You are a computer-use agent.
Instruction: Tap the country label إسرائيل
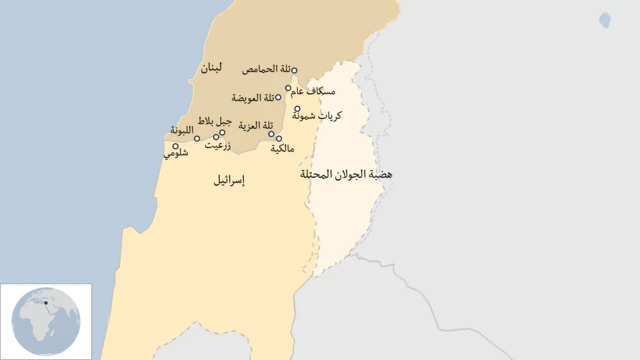(x=230, y=181)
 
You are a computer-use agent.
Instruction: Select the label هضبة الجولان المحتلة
(x=346, y=174)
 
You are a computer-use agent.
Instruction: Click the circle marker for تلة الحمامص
(x=295, y=70)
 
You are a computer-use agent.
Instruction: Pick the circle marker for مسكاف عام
(x=289, y=88)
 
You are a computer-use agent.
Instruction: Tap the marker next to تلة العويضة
(x=279, y=98)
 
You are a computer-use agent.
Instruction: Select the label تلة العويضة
(x=253, y=98)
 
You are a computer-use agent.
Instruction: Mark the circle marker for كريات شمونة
(x=297, y=109)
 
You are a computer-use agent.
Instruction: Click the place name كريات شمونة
(x=322, y=116)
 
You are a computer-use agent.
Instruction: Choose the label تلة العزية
(x=256, y=126)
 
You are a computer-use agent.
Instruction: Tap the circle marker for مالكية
(x=279, y=138)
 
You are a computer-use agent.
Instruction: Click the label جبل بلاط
(x=215, y=121)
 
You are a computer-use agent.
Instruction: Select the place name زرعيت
(x=219, y=145)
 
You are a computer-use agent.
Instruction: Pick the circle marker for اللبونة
(x=197, y=138)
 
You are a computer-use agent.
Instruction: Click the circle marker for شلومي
(x=176, y=146)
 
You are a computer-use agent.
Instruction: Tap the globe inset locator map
(x=45, y=321)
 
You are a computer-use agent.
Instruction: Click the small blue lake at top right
(x=605, y=19)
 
